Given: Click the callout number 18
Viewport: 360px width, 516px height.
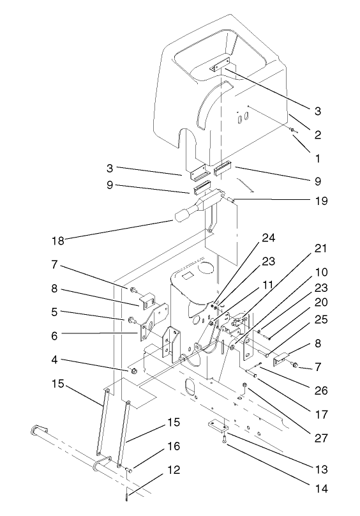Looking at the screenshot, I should coord(58,241).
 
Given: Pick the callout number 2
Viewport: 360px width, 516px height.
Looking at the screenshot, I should coord(318,135).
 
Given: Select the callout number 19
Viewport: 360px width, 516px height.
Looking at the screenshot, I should coord(321,201).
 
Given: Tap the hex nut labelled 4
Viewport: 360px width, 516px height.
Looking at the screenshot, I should coord(133,371).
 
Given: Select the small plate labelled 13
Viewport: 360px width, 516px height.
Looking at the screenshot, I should coord(217,425).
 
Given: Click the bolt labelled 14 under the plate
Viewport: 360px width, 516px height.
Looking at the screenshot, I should coord(225,440).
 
